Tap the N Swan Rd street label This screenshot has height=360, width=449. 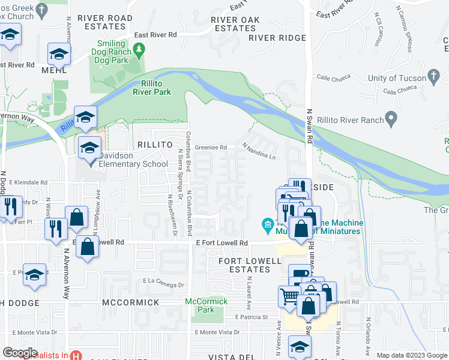[310, 126]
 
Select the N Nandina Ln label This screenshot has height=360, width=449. [259, 151]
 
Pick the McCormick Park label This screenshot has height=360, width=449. [206, 305]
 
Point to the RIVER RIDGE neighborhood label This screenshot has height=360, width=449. [277, 38]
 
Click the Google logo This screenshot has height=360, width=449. [20, 353]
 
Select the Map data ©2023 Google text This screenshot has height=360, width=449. [411, 355]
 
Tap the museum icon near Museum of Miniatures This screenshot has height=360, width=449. [268, 226]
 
